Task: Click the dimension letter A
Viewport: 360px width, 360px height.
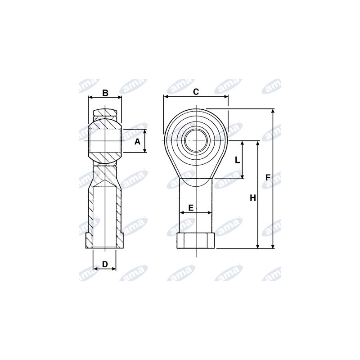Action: click(x=137, y=142)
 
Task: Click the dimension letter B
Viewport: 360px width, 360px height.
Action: click(x=105, y=93)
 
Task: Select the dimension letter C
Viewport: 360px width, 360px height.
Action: click(x=196, y=92)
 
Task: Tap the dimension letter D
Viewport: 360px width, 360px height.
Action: click(x=105, y=264)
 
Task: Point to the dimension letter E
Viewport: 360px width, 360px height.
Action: click(x=191, y=208)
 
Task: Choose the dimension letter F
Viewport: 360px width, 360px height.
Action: click(x=268, y=177)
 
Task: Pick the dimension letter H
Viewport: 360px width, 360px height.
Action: click(x=253, y=198)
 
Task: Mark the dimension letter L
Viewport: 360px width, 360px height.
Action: click(x=238, y=160)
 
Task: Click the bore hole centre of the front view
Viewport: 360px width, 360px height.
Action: click(x=196, y=140)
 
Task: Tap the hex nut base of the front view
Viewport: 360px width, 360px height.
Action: click(x=196, y=241)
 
